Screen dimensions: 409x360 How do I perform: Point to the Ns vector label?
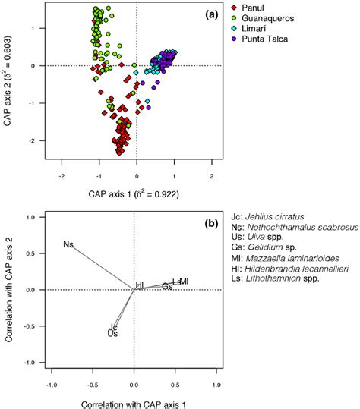(68, 244)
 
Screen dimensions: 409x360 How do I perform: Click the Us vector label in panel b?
(112, 333)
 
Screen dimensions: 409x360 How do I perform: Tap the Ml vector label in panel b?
(183, 282)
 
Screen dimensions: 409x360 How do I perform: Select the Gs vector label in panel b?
(166, 286)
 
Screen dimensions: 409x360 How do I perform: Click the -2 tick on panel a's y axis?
(38, 141)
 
